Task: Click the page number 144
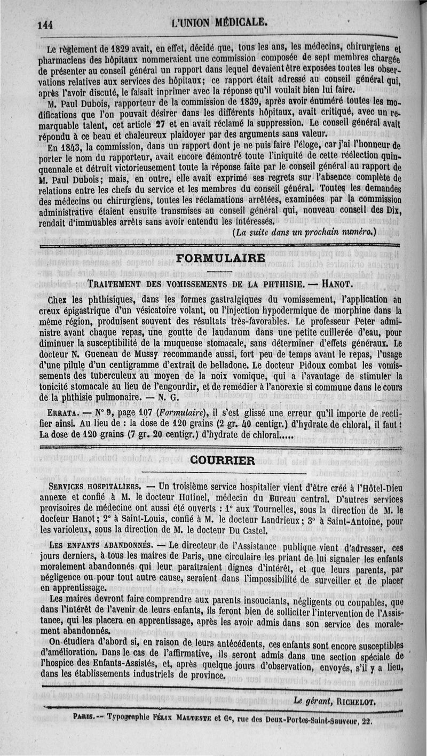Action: (x=46, y=23)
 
